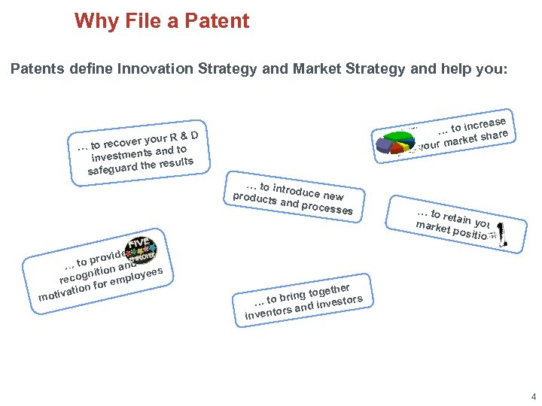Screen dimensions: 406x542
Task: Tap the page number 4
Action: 533,396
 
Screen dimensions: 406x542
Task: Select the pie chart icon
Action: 396,140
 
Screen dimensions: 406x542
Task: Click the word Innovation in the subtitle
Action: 151,69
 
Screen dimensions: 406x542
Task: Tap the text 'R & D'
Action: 184,135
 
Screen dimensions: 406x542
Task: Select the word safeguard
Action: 111,168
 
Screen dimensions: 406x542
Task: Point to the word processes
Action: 327,206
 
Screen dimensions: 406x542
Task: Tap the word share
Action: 495,135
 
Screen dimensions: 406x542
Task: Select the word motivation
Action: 64,292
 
